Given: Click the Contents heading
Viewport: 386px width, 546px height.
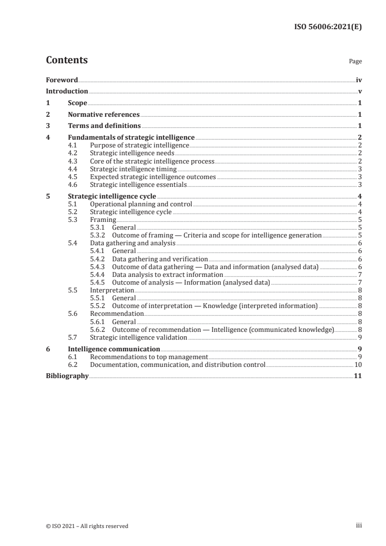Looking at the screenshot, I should click(67, 60).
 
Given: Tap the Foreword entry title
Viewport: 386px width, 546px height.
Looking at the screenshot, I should click(62, 80).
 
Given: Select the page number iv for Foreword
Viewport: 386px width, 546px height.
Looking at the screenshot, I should click(359, 80).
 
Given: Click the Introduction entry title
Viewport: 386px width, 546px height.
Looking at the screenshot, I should click(67, 91).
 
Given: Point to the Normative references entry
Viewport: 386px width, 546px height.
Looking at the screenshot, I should click(104, 115).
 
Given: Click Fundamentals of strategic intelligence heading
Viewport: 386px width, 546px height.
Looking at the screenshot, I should click(131, 138).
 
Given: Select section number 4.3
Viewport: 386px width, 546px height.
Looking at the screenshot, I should click(72, 161).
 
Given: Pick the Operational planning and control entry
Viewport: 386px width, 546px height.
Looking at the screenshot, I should click(141, 204).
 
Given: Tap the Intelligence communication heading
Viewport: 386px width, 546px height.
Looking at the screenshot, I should click(114, 349).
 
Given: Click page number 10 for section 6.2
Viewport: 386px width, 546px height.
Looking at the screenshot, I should click(358, 364).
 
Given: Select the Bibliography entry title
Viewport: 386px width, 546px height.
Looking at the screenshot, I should click(67, 376).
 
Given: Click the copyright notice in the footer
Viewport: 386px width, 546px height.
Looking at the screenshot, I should click(87, 526).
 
